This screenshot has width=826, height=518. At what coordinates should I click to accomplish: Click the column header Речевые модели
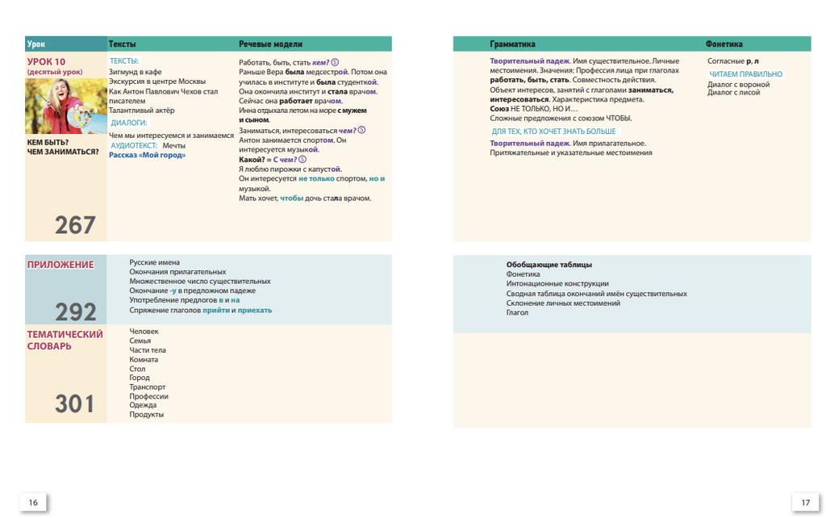(270, 44)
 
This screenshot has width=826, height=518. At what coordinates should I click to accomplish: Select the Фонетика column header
(724, 44)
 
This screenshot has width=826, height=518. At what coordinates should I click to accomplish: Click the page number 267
(75, 224)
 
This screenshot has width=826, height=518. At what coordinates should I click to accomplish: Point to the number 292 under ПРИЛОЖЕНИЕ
(75, 311)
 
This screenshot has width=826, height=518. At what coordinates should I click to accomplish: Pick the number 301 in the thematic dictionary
(75, 403)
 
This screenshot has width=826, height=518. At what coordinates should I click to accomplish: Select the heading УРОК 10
(46, 62)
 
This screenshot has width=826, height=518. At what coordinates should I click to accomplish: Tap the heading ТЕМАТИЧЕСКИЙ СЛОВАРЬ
(65, 340)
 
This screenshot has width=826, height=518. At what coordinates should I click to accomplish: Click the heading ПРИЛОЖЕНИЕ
(60, 265)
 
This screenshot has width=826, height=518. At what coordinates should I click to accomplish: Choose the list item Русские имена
(155, 262)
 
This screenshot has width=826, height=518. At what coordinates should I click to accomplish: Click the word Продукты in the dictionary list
(147, 415)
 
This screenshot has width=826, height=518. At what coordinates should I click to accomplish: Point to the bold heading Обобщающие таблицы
(549, 265)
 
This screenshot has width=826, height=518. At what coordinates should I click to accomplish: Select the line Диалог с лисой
(733, 93)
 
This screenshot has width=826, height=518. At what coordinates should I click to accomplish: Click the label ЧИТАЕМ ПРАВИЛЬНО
(745, 74)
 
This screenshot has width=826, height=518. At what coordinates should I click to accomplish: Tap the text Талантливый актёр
(141, 111)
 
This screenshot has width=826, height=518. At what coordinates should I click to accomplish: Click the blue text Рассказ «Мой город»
(147, 155)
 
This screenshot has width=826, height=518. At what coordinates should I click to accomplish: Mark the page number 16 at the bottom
(33, 502)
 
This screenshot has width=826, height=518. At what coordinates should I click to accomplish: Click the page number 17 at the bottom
(805, 502)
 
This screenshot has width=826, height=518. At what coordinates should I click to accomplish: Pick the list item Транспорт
(148, 387)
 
